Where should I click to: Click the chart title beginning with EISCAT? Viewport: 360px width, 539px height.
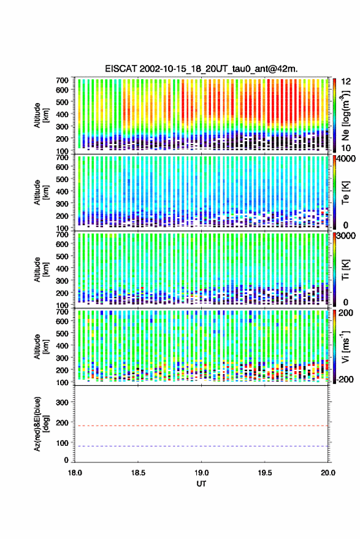(x=201, y=69)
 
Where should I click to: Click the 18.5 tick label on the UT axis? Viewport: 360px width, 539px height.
(x=138, y=473)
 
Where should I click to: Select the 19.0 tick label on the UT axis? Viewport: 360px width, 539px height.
(x=201, y=473)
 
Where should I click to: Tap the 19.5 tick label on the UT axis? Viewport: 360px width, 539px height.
(x=264, y=473)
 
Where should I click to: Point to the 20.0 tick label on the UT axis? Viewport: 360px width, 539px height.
(x=327, y=473)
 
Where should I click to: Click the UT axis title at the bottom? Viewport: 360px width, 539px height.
(x=201, y=484)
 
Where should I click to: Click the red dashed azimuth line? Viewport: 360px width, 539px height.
(x=202, y=426)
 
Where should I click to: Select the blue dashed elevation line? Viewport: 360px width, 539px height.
(x=202, y=446)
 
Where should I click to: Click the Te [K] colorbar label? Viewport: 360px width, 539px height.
(x=345, y=193)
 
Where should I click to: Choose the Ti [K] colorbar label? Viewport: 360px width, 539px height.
(x=345, y=270)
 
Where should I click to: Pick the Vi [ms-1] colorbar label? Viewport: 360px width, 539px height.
(x=345, y=346)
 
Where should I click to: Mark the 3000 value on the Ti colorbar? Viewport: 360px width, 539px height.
(x=346, y=236)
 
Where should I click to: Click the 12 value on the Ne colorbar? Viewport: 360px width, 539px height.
(x=346, y=82)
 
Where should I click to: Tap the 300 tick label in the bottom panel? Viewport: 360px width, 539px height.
(x=63, y=402)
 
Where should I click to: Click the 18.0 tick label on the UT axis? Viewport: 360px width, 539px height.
(x=75, y=473)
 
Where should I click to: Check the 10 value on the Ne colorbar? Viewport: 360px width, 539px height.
(x=346, y=148)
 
